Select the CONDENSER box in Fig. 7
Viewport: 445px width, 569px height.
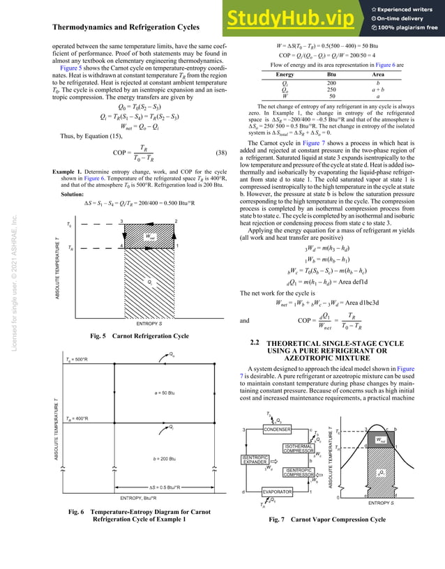(x=277, y=430)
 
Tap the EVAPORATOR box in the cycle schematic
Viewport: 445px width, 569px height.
(x=277, y=492)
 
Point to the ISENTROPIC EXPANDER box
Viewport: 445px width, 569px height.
(x=255, y=461)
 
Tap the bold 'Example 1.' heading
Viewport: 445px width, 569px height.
(x=73, y=171)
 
